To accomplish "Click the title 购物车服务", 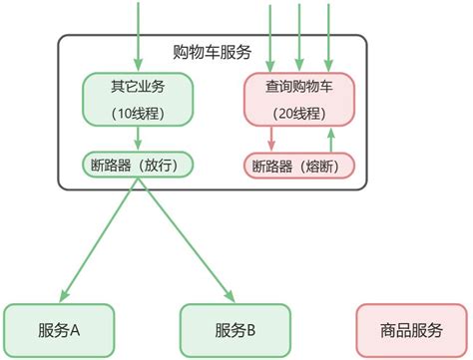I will (212, 51).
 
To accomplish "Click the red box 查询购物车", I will (300, 98).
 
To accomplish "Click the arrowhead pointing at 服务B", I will (232, 295).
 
